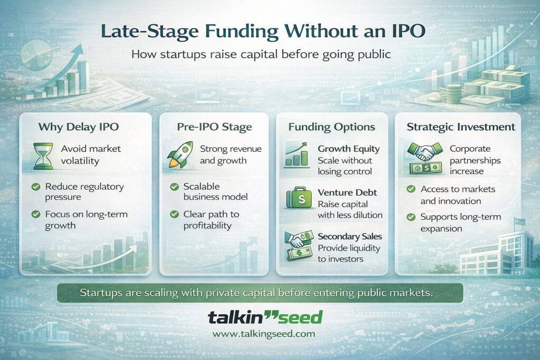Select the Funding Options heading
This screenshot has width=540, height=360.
click(x=332, y=127)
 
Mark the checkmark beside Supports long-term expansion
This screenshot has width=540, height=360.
click(x=410, y=217)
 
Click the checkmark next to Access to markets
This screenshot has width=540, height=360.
click(x=410, y=189)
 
